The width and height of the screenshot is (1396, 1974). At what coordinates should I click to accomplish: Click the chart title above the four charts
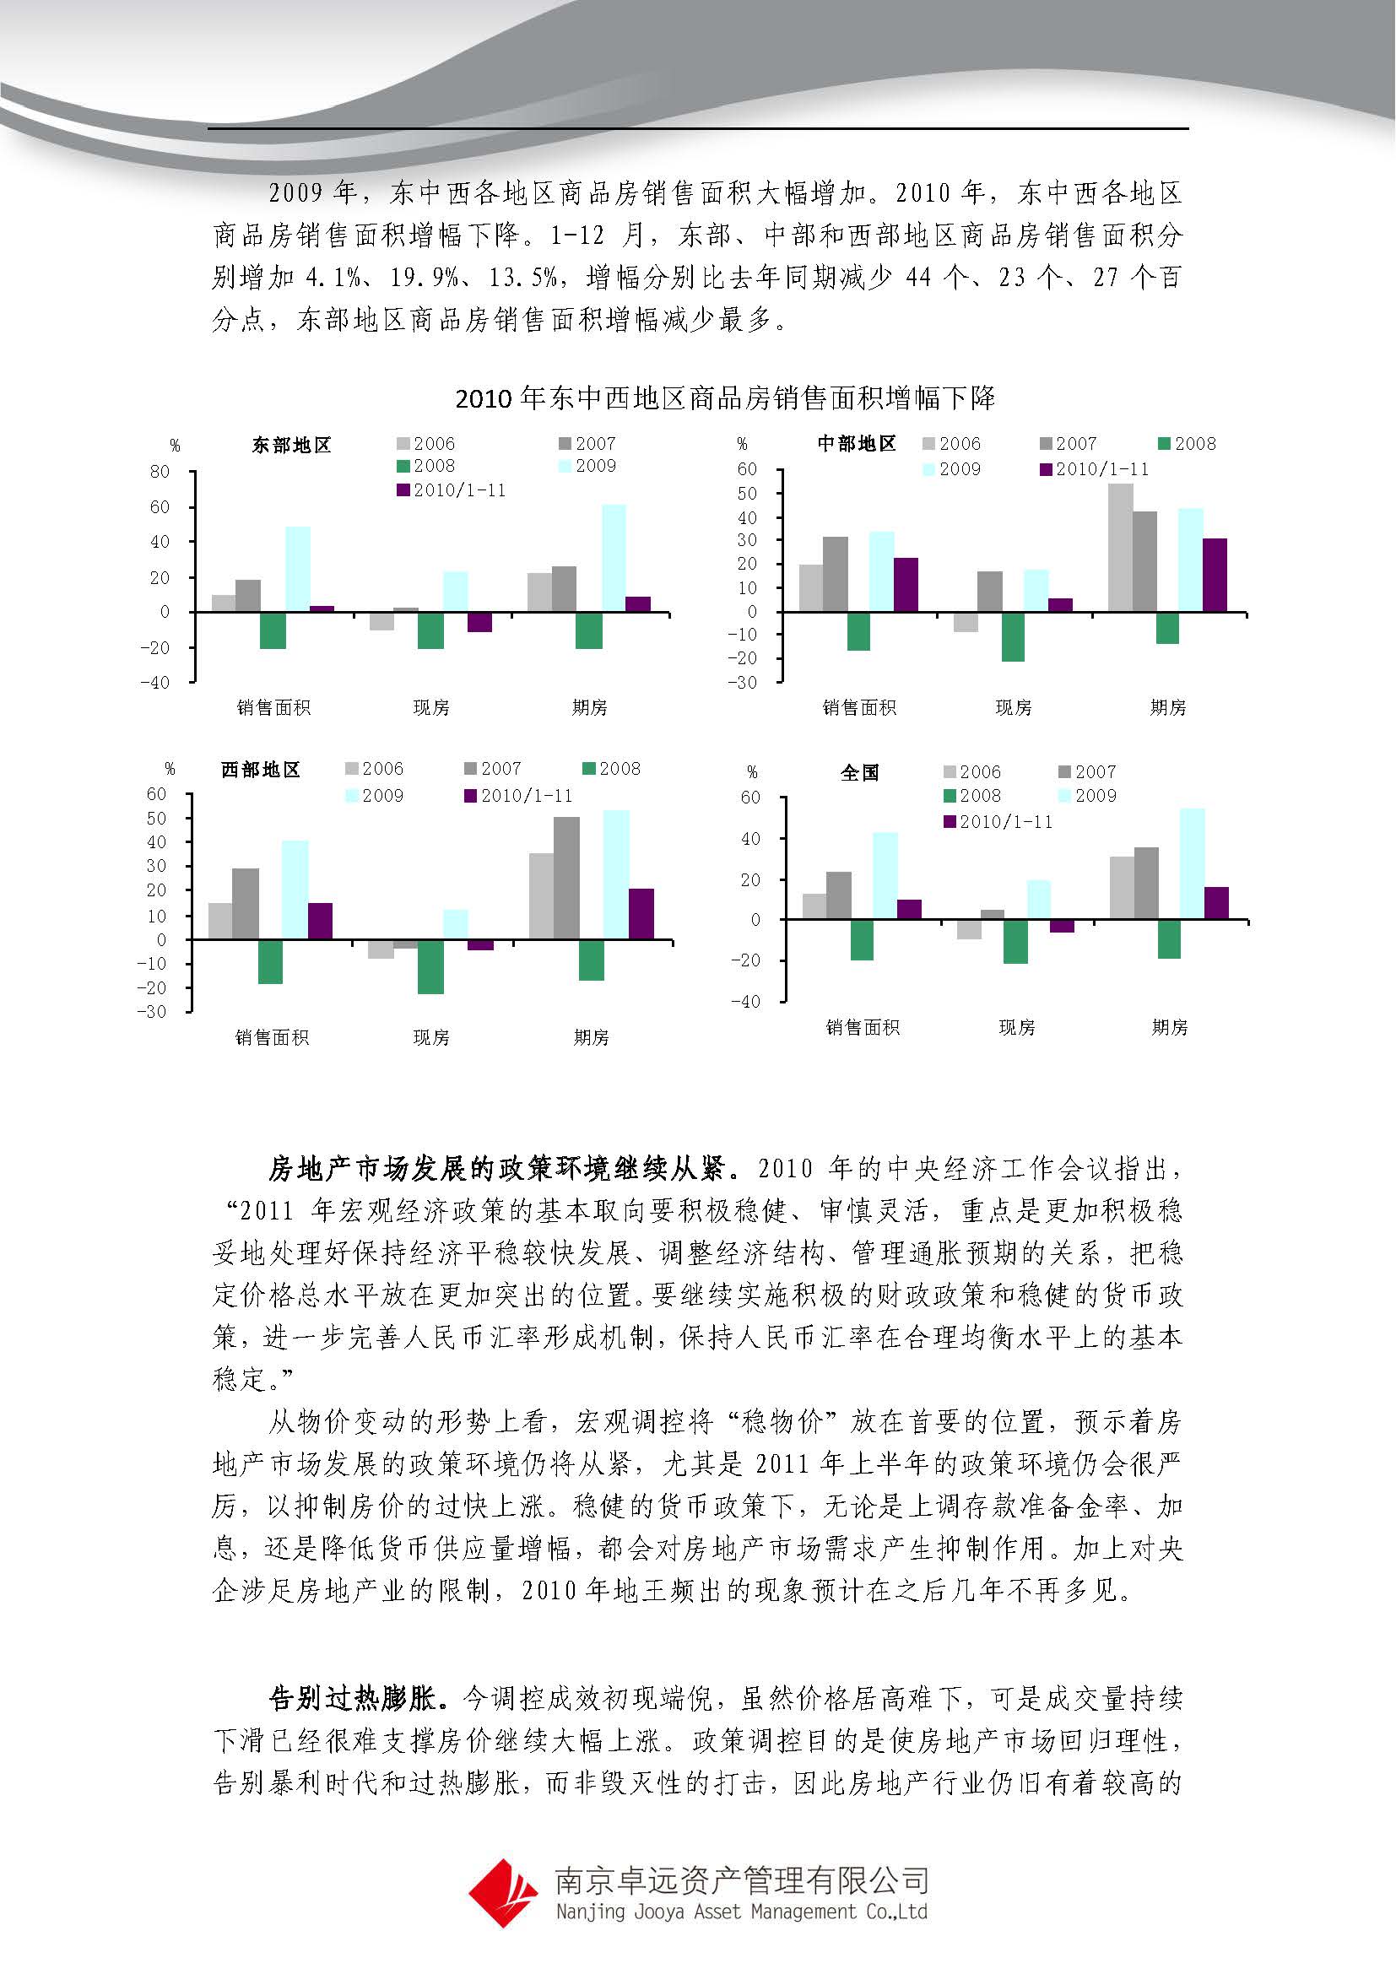[725, 398]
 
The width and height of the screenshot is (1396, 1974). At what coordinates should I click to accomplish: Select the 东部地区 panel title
[290, 446]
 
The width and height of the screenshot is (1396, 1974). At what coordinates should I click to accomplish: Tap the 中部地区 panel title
[856, 444]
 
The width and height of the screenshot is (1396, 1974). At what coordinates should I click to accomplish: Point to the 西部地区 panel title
[261, 770]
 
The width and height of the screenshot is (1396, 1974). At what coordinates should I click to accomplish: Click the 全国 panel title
[858, 772]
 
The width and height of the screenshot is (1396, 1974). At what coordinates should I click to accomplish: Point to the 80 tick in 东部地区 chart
[160, 472]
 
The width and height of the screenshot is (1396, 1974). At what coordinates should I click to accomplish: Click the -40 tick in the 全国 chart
[745, 1002]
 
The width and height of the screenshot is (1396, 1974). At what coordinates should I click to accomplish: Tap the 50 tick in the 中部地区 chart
[746, 494]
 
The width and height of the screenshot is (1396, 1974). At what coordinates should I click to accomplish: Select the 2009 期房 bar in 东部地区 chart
[614, 558]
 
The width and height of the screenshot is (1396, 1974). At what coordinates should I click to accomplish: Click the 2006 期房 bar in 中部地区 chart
[1120, 548]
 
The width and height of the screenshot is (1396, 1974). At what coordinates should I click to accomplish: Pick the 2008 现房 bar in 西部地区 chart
[430, 966]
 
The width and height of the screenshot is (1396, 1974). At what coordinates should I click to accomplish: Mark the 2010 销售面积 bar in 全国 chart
[909, 910]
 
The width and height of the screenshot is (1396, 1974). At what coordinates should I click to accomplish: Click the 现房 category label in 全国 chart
[1016, 1027]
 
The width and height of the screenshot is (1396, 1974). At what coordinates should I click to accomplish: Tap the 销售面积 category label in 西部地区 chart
[272, 1038]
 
